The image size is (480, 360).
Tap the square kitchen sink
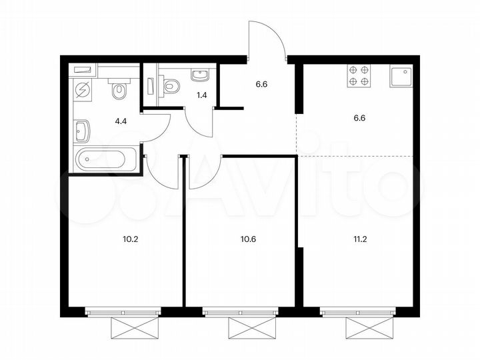(x=402, y=77)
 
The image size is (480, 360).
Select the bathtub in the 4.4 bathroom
(x=107, y=160)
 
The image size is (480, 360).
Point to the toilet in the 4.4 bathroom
(x=120, y=91)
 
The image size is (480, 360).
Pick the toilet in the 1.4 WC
(x=171, y=85)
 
